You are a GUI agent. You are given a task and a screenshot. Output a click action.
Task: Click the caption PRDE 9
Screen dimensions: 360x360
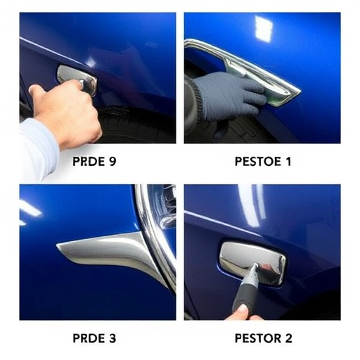pyautogui.click(x=94, y=162)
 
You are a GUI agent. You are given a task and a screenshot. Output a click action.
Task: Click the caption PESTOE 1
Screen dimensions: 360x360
pyautogui.click(x=263, y=162)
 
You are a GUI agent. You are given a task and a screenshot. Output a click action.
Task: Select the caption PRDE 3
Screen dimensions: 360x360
pyautogui.click(x=94, y=338)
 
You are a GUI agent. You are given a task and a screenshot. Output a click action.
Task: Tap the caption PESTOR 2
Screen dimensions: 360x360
pyautogui.click(x=264, y=338)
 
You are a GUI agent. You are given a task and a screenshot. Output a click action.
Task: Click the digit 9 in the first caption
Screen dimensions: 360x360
pyautogui.click(x=112, y=162)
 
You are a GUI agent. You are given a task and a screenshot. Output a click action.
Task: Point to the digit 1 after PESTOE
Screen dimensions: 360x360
pyautogui.click(x=288, y=162)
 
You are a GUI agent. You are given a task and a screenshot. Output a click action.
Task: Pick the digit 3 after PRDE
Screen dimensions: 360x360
pyautogui.click(x=112, y=338)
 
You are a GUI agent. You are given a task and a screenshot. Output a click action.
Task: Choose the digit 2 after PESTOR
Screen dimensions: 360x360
pyautogui.click(x=288, y=338)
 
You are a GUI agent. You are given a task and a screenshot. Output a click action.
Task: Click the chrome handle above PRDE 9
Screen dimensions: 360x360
pyautogui.click(x=77, y=79)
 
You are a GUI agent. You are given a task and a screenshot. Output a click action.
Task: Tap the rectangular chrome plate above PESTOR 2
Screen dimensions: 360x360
pyautogui.click(x=253, y=262)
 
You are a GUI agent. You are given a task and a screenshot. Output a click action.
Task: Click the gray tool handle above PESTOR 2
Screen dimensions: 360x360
pyautogui.click(x=246, y=290)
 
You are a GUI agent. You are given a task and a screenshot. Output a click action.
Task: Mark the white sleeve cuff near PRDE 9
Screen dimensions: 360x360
pyautogui.click(x=39, y=150)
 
